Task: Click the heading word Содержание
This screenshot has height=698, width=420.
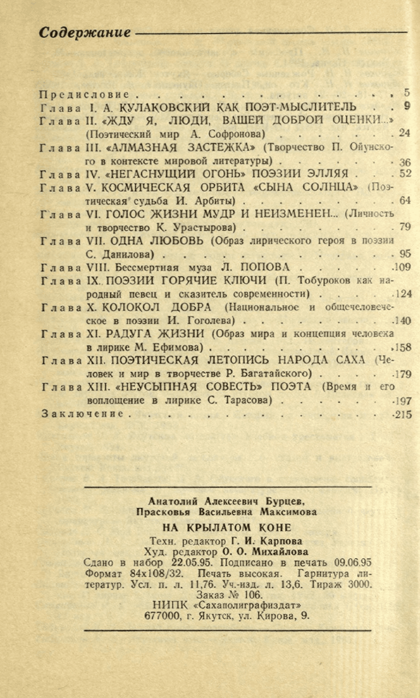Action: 85,33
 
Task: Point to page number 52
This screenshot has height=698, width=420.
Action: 405,173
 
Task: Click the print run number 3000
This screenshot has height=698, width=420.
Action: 357,584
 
